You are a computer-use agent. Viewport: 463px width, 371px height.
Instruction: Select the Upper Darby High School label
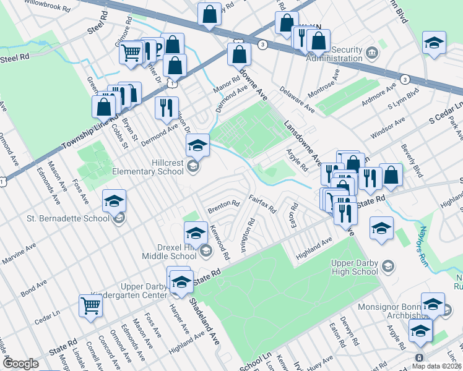346,267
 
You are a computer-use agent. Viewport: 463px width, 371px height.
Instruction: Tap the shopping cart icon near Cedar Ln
90,305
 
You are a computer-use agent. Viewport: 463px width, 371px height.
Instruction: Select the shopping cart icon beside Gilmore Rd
131,53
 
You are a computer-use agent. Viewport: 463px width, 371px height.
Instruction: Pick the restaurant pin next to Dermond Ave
166,108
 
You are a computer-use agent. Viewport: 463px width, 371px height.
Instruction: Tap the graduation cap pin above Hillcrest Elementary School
198,145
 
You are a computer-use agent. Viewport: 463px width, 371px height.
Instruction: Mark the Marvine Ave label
18,255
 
